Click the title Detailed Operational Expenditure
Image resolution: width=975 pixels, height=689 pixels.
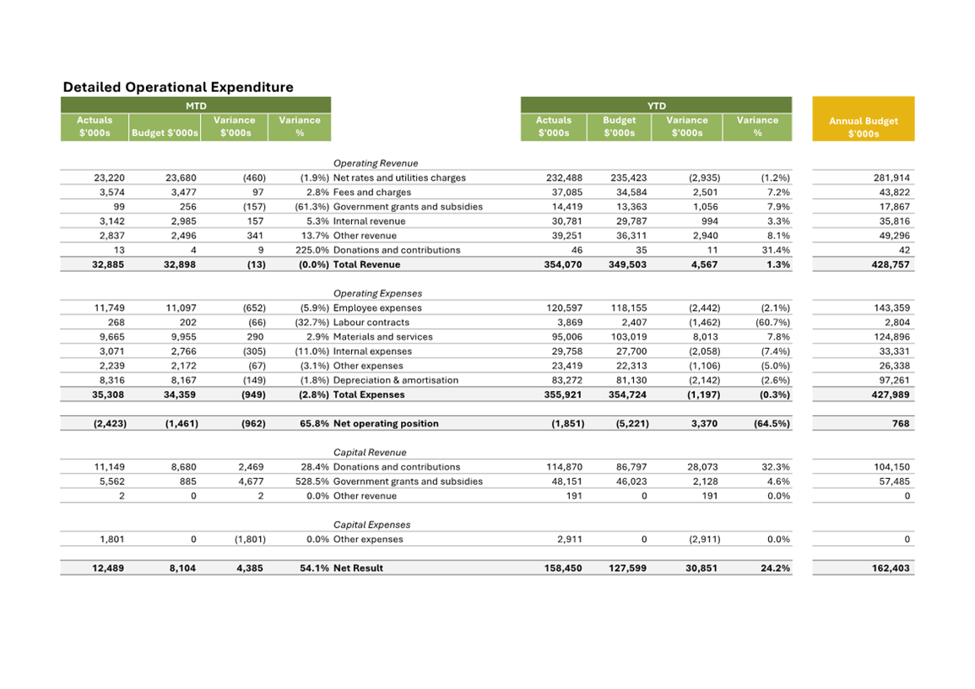pyautogui.click(x=178, y=87)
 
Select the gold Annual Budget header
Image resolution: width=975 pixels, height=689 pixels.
pyautogui.click(x=863, y=127)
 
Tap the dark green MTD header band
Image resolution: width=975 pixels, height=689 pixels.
pyautogui.click(x=196, y=106)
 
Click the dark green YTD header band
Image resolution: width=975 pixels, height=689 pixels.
pyautogui.click(x=656, y=106)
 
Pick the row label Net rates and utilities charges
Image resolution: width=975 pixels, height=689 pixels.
pyautogui.click(x=399, y=178)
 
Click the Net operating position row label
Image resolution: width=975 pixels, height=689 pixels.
pyautogui.click(x=386, y=424)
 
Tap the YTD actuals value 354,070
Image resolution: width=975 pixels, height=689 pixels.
pyautogui.click(x=564, y=264)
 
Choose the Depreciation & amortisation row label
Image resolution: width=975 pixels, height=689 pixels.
pyautogui.click(x=396, y=380)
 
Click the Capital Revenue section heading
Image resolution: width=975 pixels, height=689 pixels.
pyautogui.click(x=370, y=453)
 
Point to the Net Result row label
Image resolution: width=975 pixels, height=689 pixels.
pyautogui.click(x=358, y=568)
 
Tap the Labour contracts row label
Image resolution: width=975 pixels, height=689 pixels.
pyautogui.click(x=371, y=323)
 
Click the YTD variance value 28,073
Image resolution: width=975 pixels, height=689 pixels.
pyautogui.click(x=702, y=467)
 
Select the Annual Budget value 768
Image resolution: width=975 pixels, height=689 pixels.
pyautogui.click(x=902, y=424)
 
